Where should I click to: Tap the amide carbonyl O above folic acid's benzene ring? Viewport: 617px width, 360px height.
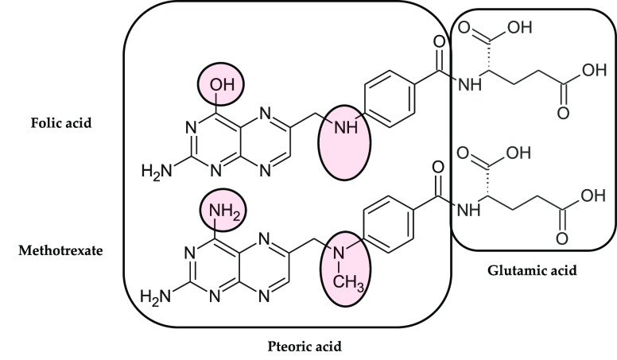[436, 42]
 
